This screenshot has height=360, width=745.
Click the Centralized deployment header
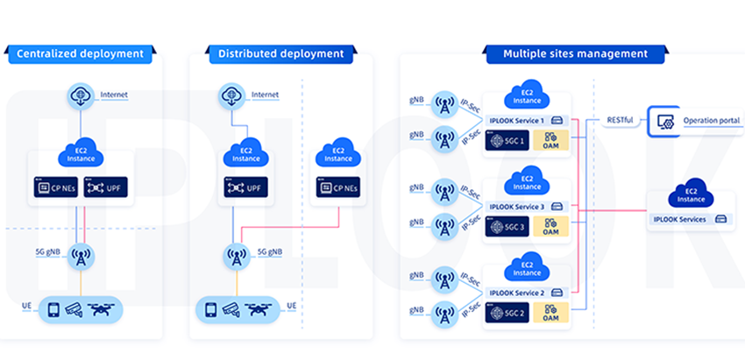point(80,54)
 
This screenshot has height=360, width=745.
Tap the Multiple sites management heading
point(575,54)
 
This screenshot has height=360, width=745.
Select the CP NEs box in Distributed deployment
point(338,187)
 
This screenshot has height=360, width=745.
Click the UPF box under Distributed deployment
point(246,187)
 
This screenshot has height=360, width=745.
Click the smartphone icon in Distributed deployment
point(210,309)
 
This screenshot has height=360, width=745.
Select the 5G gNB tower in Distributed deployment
point(235,256)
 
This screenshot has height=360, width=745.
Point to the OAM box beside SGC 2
point(550,312)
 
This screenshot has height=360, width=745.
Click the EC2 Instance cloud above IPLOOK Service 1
point(528,95)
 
